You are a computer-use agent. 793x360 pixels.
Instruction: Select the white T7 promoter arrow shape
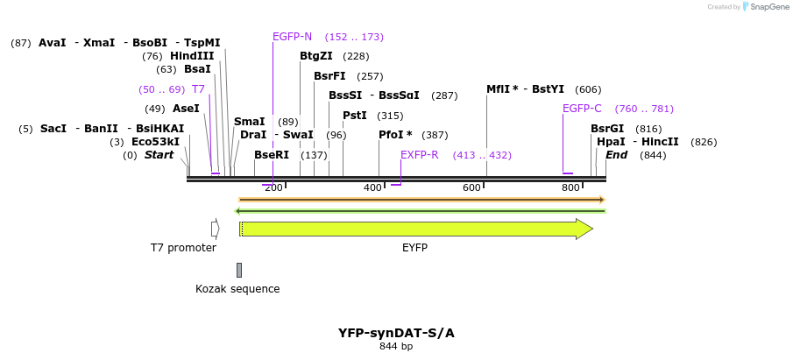215,229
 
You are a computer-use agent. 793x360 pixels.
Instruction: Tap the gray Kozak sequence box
239,270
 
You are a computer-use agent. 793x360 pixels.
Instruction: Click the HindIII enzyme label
192,56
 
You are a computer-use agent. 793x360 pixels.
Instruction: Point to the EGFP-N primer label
292,37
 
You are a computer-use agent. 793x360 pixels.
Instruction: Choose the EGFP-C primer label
582,109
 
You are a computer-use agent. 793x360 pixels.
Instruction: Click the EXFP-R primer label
419,155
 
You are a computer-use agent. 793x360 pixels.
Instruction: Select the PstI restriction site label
354,116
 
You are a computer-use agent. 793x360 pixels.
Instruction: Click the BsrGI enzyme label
607,129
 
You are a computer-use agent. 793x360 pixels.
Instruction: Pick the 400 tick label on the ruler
373,187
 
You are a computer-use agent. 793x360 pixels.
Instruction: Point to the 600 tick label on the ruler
472,187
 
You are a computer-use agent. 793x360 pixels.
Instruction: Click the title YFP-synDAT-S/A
396,333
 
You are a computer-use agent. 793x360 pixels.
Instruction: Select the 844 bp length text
396,347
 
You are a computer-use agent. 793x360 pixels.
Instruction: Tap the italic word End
617,155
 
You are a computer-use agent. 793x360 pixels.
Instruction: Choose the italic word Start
159,155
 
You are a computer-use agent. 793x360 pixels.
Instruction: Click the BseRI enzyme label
272,155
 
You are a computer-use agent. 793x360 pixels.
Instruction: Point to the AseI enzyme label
186,109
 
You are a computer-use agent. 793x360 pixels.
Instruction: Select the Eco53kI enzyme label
156,142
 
